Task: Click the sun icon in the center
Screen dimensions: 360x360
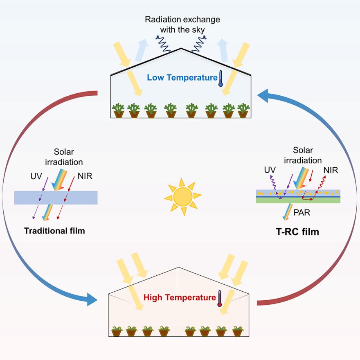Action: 182,197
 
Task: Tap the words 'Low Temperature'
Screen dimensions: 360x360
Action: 182,77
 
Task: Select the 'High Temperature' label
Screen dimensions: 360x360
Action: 180,297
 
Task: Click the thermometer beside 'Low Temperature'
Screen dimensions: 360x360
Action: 221,78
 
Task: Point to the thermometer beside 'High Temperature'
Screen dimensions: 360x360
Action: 220,299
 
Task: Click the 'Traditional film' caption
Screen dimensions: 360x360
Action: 54,231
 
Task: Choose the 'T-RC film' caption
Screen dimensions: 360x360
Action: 297,232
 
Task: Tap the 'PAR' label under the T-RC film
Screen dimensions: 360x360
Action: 301,213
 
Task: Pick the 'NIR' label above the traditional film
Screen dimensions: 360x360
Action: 85,176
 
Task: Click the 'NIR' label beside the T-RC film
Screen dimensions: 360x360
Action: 331,170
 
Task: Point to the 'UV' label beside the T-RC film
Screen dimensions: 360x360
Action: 270,170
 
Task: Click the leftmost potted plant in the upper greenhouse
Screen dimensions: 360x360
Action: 119,110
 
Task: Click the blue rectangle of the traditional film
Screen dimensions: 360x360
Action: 56,198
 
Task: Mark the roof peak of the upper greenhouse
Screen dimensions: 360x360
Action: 180,49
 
